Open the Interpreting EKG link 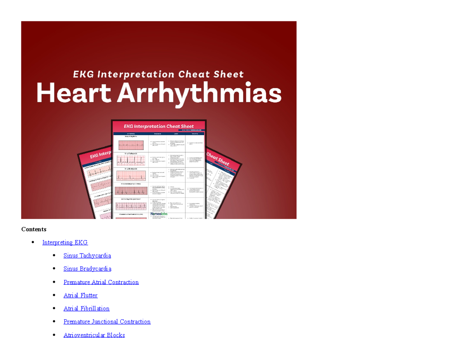click(65, 243)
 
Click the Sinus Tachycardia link click(87, 256)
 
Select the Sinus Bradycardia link click(87, 269)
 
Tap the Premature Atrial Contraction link click(101, 282)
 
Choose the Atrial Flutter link click(80, 296)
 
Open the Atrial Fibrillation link click(86, 309)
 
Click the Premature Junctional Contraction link click(107, 322)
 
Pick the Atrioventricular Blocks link click(94, 335)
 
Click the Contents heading click(34, 229)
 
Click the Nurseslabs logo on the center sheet click(159, 214)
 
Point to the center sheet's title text click(158, 126)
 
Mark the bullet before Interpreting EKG click(33, 243)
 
